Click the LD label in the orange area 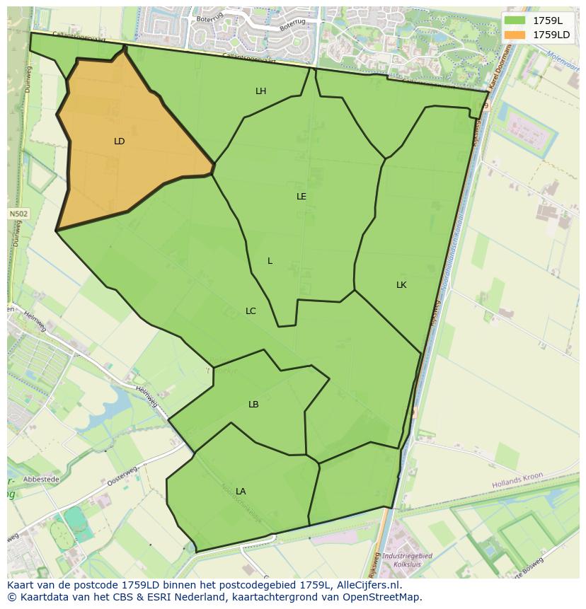click(119, 141)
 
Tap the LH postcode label click(260, 91)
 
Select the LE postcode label click(301, 197)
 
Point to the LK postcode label click(401, 285)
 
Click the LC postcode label click(251, 311)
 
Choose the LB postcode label click(253, 405)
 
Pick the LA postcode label click(241, 492)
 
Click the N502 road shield click(18, 214)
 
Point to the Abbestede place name click(41, 479)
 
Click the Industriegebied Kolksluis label click(407, 560)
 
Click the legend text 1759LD click(551, 35)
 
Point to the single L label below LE click(270, 261)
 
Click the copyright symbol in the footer click(11, 597)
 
